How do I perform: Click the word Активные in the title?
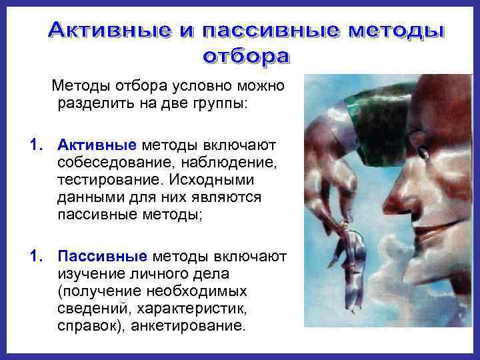click(x=109, y=31)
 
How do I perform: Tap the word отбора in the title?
click(x=246, y=56)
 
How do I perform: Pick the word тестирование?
click(x=107, y=180)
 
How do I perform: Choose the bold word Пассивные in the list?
click(x=103, y=257)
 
